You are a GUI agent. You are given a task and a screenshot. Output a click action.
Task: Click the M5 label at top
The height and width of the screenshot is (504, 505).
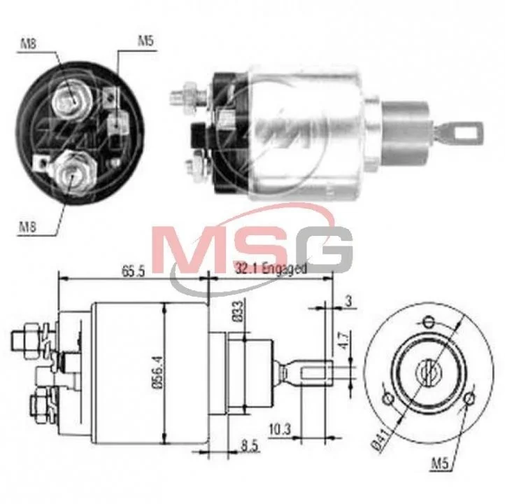tap(146, 41)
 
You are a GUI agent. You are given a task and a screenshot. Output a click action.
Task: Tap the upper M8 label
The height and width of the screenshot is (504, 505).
tap(29, 43)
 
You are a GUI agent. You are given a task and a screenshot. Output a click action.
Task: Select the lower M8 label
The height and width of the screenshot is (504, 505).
tap(27, 227)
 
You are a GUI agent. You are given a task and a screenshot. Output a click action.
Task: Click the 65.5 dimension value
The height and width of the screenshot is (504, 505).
tap(134, 272)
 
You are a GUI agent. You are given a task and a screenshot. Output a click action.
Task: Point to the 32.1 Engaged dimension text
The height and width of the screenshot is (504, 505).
tap(271, 268)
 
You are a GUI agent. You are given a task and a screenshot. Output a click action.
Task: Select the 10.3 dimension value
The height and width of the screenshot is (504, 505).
tap(280, 429)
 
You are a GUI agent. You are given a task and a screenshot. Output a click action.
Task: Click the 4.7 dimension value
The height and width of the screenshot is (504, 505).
tap(343, 341)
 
